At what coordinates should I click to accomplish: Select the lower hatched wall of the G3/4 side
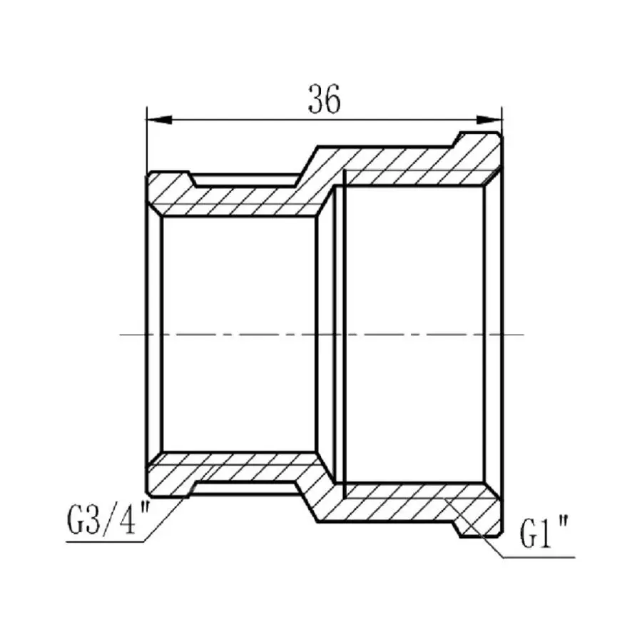(235, 468)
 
